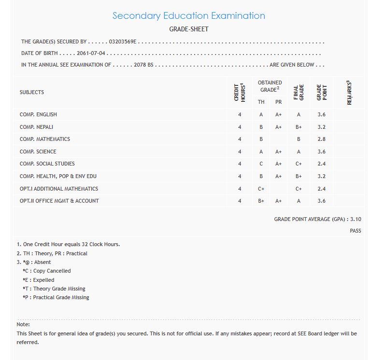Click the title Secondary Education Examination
(188, 15)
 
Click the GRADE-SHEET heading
(188, 29)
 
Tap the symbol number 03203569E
(123, 42)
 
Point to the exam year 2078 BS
(143, 65)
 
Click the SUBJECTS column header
(32, 92)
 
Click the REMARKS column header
(349, 92)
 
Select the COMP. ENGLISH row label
(38, 114)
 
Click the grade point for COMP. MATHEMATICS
(322, 139)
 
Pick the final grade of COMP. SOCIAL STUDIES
(299, 164)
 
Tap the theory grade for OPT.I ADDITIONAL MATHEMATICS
(261, 189)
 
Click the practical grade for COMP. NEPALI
(278, 127)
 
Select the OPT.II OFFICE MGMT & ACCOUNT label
(59, 201)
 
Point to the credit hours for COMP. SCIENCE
(239, 152)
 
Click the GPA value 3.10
(356, 219)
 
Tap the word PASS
(356, 231)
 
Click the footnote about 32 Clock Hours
(68, 244)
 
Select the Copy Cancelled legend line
(47, 271)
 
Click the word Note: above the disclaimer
(23, 324)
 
